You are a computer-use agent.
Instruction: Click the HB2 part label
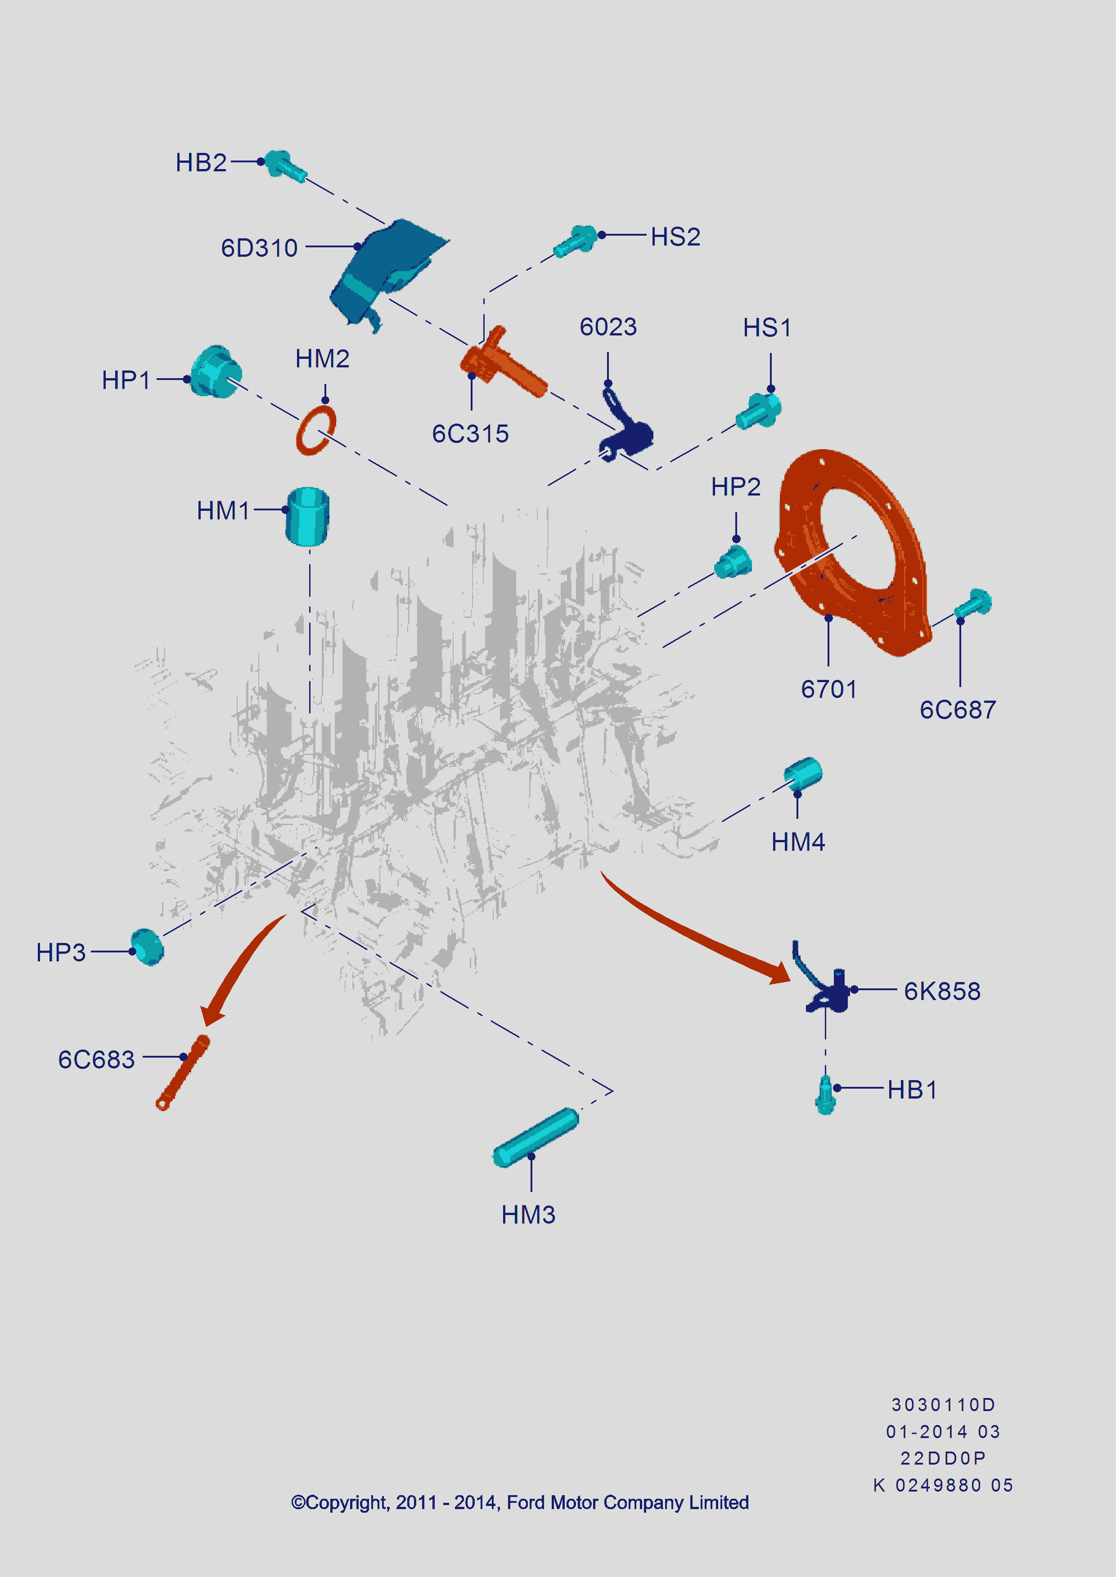[201, 163]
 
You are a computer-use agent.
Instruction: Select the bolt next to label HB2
[284, 165]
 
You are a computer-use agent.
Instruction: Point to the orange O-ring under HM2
[315, 430]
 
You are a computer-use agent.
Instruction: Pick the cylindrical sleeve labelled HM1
[307, 517]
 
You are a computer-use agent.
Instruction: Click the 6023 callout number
[608, 327]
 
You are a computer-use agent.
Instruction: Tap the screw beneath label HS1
[759, 410]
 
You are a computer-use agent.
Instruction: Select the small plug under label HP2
[733, 563]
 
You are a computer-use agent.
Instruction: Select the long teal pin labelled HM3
[536, 1137]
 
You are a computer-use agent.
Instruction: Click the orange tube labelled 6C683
[183, 1072]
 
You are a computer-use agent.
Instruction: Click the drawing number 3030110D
[943, 1405]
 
